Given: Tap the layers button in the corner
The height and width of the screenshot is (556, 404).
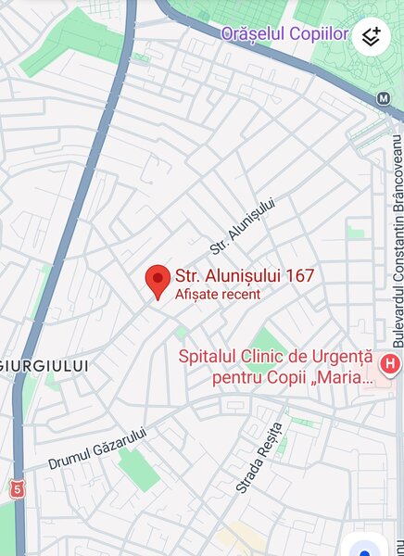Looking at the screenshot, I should click(x=371, y=37).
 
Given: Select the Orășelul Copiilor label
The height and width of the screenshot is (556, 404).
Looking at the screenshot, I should click(x=284, y=34).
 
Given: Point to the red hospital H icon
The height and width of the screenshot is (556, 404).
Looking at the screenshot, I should click(x=391, y=362).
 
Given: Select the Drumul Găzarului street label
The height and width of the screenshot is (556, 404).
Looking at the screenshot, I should click(x=97, y=447).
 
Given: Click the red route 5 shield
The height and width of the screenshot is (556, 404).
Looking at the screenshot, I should click(x=17, y=487).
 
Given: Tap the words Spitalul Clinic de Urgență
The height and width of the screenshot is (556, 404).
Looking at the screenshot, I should click(x=274, y=357).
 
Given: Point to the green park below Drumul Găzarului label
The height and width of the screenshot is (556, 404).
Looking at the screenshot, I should click(x=139, y=468).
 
